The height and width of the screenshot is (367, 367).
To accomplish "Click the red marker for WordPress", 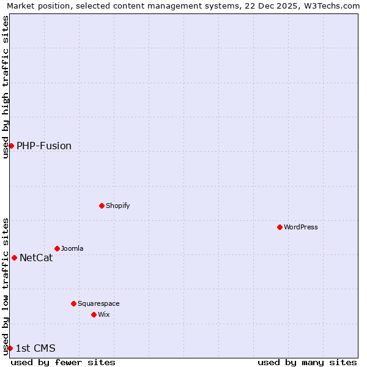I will pyautogui.click(x=280, y=227).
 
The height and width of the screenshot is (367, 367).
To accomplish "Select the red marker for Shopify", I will pyautogui.click(x=102, y=206).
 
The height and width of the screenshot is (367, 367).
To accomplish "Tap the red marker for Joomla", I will pyautogui.click(x=57, y=248).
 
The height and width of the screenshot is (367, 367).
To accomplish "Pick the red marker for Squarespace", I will pyautogui.click(x=73, y=303).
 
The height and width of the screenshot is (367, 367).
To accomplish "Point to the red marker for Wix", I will pyautogui.click(x=94, y=314).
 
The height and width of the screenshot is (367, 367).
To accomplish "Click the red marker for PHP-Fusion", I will pyautogui.click(x=11, y=146).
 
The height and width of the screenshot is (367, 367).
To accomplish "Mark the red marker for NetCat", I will pyautogui.click(x=14, y=258).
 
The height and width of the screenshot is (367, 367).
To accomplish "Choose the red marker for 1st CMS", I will pyautogui.click(x=10, y=348).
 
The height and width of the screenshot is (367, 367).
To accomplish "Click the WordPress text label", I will pyautogui.click(x=300, y=227).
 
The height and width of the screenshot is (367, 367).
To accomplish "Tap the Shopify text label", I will pyautogui.click(x=117, y=206).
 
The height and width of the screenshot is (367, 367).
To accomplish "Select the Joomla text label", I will pyautogui.click(x=72, y=248).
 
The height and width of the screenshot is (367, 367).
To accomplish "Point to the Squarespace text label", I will pyautogui.click(x=98, y=303).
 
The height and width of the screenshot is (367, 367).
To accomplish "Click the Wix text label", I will pyautogui.click(x=103, y=314).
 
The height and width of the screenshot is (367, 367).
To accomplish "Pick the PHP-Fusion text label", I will pyautogui.click(x=44, y=146).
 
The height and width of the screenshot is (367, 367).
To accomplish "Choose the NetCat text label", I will pyautogui.click(x=36, y=258).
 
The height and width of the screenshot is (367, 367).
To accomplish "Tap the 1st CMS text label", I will pyautogui.click(x=35, y=348).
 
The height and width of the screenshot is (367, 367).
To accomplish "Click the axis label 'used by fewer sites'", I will pyautogui.click(x=63, y=362).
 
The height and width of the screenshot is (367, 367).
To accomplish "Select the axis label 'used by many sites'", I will pyautogui.click(x=307, y=362).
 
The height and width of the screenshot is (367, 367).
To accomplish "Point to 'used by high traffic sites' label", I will pyautogui.click(x=6, y=87).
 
